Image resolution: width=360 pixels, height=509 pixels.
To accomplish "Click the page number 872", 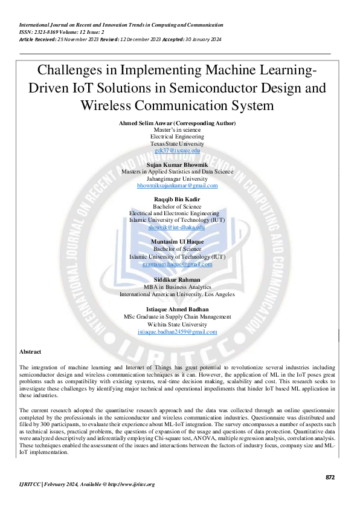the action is point(329,477).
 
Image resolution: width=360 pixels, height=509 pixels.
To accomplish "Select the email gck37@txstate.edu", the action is point(177,151).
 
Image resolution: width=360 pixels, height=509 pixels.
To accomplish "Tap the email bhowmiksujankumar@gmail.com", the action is point(177,186).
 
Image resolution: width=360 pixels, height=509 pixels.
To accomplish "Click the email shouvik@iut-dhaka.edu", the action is point(177,227).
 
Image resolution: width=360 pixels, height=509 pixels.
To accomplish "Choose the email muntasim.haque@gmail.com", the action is point(177,264).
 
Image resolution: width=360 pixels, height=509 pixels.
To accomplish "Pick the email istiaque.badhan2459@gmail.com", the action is point(177,332).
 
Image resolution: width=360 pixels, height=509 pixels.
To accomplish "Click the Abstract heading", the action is point(30,351).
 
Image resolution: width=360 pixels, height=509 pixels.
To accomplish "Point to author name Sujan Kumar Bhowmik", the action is point(177,164).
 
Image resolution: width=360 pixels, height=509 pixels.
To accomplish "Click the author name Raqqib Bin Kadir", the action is point(177,199).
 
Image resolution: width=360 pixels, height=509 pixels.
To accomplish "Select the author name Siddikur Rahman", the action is point(177,280).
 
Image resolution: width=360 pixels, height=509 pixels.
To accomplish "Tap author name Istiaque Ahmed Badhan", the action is point(177,309).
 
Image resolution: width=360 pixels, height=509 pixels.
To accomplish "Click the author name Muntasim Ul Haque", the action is point(177,241).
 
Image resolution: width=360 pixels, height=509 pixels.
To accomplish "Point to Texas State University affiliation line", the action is point(177,144).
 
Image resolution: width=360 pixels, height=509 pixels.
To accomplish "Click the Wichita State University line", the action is point(177,325).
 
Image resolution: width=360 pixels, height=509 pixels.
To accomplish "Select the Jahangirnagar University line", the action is point(177,178).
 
